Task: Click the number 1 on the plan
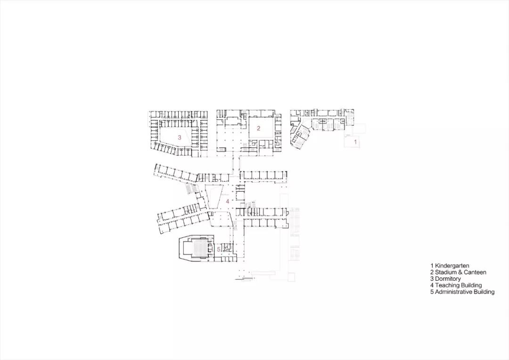[x=355, y=142]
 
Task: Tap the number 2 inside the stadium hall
[x=258, y=128]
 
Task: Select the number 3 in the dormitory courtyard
[x=180, y=137]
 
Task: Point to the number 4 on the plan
[x=228, y=201]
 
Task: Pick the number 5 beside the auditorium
[x=219, y=249]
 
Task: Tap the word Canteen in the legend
[x=475, y=272]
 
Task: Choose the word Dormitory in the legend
[x=448, y=279]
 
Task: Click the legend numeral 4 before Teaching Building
[x=432, y=286]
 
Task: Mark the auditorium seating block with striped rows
[x=198, y=249]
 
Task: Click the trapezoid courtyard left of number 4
[x=214, y=197]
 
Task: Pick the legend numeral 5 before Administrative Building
[x=432, y=292]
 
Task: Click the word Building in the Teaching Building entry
[x=471, y=286]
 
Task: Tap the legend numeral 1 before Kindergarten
[x=432, y=266]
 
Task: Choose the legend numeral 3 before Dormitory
[x=432, y=279]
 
